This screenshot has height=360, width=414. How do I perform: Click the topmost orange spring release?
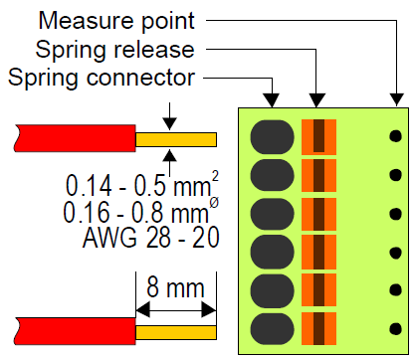(x=319, y=136)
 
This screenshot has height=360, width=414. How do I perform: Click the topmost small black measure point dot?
(x=396, y=135)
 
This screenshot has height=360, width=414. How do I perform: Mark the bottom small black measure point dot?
(x=396, y=328)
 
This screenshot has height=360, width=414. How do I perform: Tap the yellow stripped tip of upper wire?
(x=176, y=137)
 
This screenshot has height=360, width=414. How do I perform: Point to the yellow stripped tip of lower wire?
(x=176, y=331)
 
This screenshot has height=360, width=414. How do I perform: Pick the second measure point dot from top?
(x=396, y=174)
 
